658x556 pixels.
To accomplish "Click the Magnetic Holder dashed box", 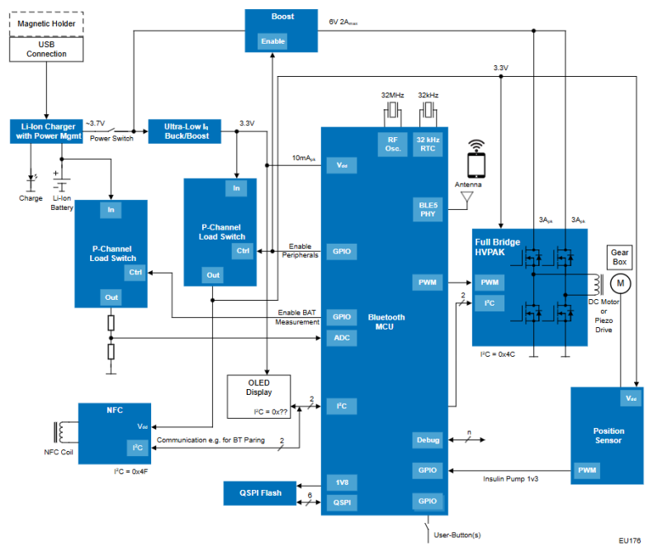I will point(46,23).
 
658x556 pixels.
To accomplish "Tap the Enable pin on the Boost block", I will point(272,41).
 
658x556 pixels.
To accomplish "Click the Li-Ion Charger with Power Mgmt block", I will point(46,131).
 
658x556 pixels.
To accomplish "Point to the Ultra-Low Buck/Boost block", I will point(185,131).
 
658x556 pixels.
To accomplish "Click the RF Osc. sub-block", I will point(391,144).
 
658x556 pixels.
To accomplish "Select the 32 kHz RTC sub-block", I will point(428,144).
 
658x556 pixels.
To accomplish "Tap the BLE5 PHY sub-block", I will point(427,208).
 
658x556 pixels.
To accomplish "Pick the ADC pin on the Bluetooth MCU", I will point(341,337).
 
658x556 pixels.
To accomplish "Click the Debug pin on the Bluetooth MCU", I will point(428,440).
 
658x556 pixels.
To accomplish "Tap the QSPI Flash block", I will point(261,493).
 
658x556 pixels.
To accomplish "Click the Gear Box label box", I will point(620,256).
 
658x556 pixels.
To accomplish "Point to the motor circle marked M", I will point(619,283).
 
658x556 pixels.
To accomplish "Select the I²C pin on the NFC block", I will point(137,447).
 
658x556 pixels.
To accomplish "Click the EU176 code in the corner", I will point(629,541).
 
